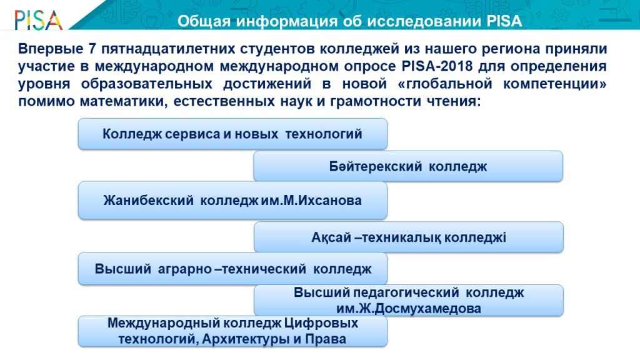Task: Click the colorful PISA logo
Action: coord(38,20)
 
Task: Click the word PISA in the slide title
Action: coord(504,21)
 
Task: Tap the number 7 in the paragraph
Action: coord(92,49)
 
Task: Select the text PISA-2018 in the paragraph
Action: coord(437,66)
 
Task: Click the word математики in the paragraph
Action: coord(123,101)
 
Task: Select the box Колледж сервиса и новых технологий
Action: coord(232,134)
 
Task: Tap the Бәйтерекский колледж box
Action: coord(408,166)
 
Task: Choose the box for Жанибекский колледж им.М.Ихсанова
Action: coord(232,201)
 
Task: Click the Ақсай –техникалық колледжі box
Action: coord(409,237)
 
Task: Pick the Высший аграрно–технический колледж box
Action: coord(232,269)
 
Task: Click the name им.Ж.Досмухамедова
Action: coord(409,308)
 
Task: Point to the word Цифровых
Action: coord(321,323)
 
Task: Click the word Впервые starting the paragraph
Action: coord(51,49)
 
